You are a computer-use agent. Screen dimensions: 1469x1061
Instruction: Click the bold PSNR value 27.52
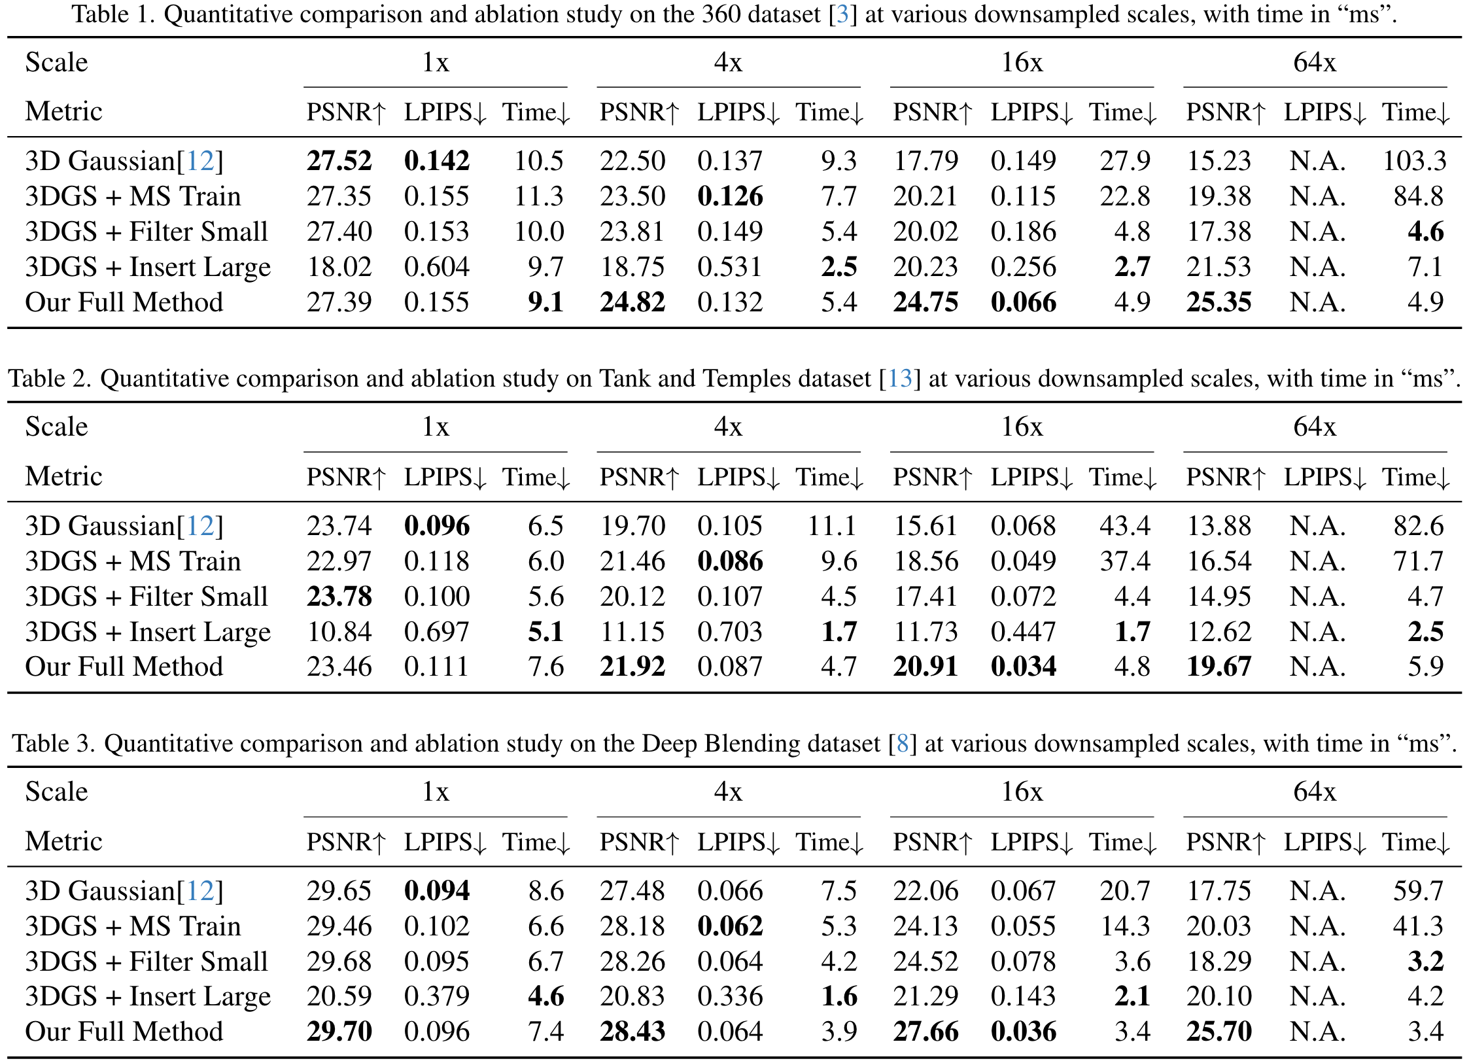point(339,161)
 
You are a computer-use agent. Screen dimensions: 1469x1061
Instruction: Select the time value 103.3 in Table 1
point(1414,161)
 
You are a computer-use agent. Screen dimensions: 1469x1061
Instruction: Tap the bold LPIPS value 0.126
point(730,196)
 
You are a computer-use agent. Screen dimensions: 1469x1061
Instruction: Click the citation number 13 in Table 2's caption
point(899,379)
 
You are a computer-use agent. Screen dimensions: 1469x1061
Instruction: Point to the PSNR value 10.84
point(339,632)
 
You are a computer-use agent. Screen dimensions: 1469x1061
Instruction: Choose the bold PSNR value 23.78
point(339,597)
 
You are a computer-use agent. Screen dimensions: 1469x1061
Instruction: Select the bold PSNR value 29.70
point(339,1032)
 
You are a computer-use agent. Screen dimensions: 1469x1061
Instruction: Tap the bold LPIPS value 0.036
point(1023,1032)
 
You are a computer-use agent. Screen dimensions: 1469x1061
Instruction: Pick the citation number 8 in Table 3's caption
point(903,744)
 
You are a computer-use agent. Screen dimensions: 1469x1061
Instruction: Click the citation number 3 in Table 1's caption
point(842,14)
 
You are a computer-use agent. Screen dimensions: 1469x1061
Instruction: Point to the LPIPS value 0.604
point(436,267)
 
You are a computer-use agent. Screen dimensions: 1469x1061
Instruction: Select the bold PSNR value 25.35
point(1218,302)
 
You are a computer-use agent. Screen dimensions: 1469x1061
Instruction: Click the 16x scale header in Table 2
point(1022,427)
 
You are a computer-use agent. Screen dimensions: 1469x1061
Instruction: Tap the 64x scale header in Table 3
point(1315,792)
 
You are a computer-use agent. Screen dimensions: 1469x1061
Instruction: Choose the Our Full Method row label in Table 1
point(124,302)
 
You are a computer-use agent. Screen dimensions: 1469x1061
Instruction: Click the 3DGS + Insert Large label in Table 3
point(148,997)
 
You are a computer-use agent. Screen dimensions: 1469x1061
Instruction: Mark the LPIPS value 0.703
point(730,632)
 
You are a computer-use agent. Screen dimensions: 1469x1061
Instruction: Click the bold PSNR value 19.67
point(1218,667)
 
